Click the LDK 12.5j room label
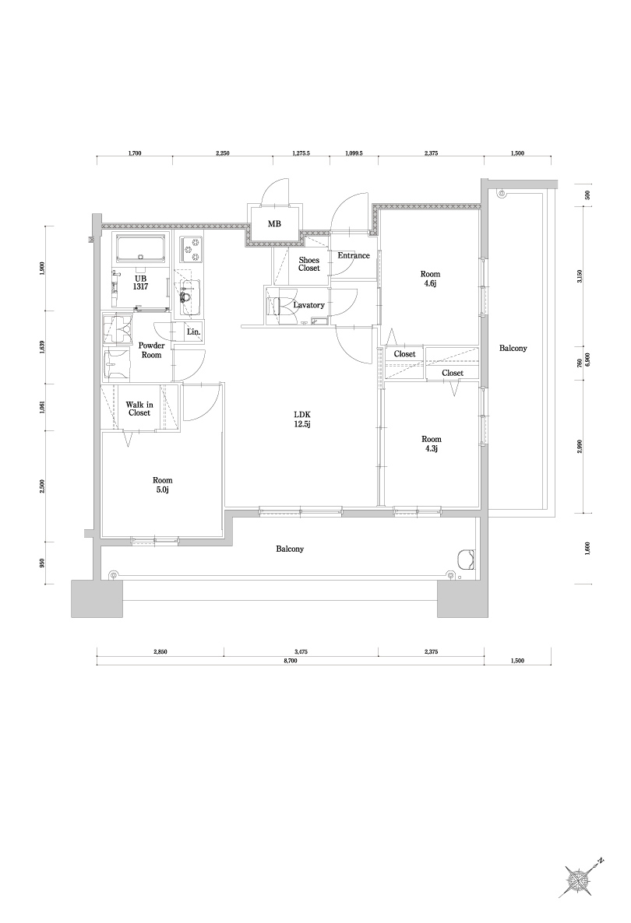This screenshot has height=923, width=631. (x=302, y=419)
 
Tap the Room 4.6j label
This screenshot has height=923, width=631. (x=430, y=279)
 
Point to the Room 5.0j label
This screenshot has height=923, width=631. (x=163, y=486)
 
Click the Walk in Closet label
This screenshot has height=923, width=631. (x=139, y=408)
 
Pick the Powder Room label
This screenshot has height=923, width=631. (x=151, y=349)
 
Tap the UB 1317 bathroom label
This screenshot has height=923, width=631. (x=140, y=283)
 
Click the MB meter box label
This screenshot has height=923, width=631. (x=274, y=224)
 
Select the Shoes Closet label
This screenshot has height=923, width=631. (x=309, y=264)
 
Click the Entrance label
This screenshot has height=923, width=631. (x=353, y=255)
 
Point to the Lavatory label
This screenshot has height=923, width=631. (x=309, y=305)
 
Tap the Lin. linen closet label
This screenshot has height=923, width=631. (x=194, y=332)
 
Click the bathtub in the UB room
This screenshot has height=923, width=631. (x=141, y=250)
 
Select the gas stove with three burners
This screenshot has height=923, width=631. (x=190, y=250)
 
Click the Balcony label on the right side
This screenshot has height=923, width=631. (x=513, y=348)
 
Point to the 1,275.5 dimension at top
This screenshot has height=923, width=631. (x=301, y=154)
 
